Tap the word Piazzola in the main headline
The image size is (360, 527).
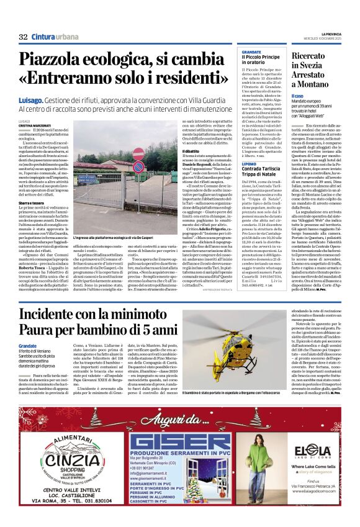coord(56,60)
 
